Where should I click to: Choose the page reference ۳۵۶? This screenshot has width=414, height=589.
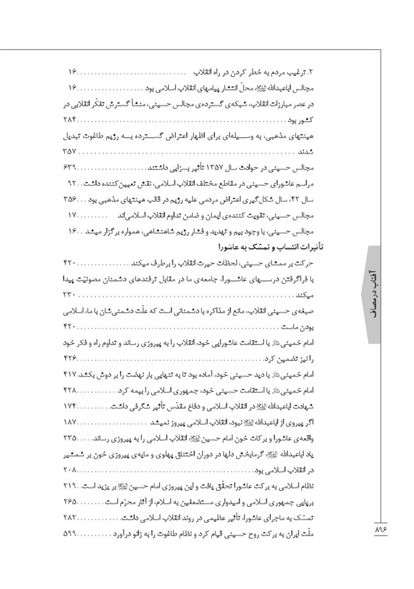click(70, 198)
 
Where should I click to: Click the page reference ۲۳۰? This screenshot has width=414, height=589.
click(70, 294)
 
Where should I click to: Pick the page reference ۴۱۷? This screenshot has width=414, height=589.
click(70, 376)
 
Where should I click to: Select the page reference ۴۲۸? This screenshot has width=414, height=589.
click(70, 391)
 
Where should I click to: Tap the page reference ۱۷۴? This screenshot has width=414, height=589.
click(70, 407)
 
